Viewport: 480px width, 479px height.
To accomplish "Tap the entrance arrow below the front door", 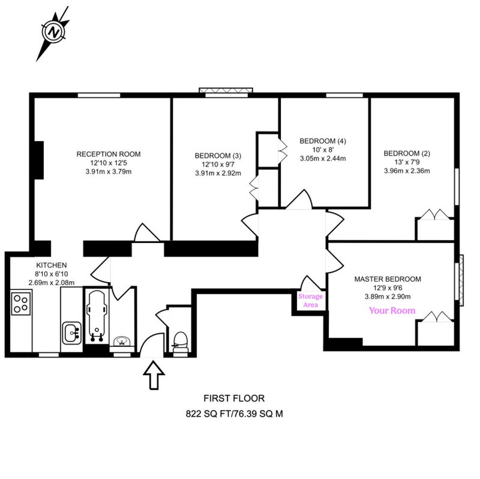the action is pos(154,375).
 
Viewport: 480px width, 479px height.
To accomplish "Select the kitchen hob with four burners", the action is pos(21,303).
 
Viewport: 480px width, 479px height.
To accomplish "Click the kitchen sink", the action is pos(72,333).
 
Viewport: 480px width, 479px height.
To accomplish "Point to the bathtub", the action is pos(97,316).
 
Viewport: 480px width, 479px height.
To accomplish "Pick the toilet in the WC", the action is pos(179,342).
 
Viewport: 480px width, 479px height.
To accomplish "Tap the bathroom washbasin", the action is pos(122,341).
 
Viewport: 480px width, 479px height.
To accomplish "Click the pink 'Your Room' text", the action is pos(392,310).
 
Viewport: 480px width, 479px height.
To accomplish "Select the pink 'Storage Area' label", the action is pos(310,301).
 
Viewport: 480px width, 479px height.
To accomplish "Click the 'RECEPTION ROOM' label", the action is pos(109,154).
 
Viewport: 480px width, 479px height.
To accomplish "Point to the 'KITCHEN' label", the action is pos(52,265).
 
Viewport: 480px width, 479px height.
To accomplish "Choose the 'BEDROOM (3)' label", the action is pos(218,155).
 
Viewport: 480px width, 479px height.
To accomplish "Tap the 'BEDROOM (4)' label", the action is pos(323,141).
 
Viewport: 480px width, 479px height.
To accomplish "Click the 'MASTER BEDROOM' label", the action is pos(388,279).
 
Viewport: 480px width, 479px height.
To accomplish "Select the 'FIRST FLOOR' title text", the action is pos(234,398).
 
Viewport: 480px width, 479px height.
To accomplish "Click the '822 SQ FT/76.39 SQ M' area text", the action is pos(234,414).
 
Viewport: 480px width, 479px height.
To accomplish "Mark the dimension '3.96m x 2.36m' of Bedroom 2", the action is pos(407,170).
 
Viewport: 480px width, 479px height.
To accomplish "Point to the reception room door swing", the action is pos(147,232).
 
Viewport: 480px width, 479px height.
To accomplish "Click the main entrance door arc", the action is pos(152,345).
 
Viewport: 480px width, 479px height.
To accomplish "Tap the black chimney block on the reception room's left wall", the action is pos(39,160).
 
